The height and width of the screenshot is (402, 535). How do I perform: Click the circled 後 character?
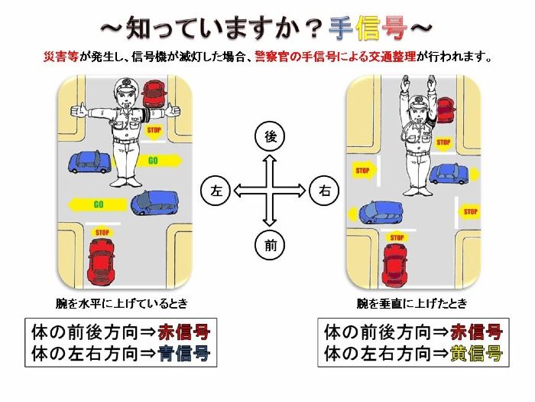[x=270, y=136]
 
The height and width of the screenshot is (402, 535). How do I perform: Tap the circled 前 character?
[x=270, y=245]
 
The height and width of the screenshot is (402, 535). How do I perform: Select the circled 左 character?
[x=216, y=191]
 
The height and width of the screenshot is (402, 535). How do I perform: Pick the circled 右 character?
[x=324, y=191]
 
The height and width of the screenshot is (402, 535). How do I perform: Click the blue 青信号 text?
[x=184, y=354]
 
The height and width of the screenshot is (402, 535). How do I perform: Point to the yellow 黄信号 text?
[x=477, y=354]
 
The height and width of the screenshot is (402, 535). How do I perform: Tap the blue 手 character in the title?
[x=341, y=28]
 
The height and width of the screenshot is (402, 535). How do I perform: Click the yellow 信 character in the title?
[x=368, y=28]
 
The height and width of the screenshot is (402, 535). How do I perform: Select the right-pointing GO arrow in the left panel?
[x=160, y=160]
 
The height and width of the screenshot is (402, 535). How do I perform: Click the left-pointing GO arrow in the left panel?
[x=97, y=204]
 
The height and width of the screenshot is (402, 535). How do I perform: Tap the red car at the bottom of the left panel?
[x=101, y=261]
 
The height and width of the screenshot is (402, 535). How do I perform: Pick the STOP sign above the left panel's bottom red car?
[x=102, y=233]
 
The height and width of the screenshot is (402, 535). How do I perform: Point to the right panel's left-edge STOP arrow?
[x=364, y=170]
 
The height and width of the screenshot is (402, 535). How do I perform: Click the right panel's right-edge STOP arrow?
[x=469, y=212]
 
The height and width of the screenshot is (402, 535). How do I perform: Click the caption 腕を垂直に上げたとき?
[x=412, y=303]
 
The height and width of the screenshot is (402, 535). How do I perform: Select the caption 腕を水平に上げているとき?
[x=122, y=303]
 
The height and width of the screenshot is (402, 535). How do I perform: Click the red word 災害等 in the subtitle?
[x=61, y=56]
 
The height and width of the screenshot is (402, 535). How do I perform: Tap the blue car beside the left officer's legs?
[x=89, y=162]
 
